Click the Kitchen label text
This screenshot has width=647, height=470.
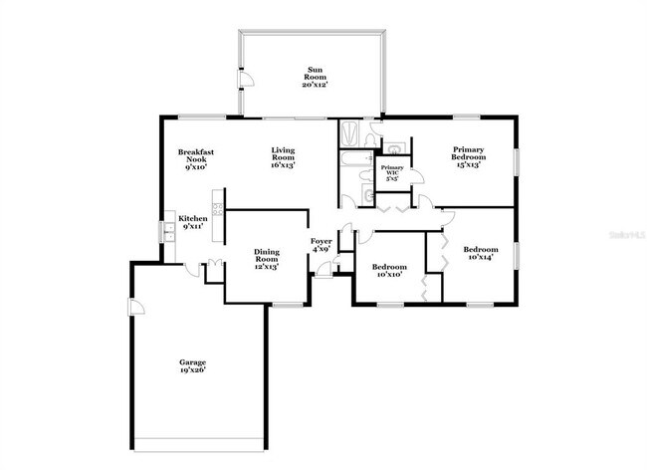pyautogui.click(x=193, y=218)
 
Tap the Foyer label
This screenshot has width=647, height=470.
pyautogui.click(x=321, y=242)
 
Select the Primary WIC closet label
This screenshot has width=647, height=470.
pyautogui.click(x=391, y=172)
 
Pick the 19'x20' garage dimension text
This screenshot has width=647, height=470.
pyautogui.click(x=192, y=369)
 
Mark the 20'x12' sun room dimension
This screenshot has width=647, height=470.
pyautogui.click(x=315, y=85)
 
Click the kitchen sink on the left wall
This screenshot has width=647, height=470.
pyautogui.click(x=168, y=230)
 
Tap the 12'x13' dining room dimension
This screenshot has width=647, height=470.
pyautogui.click(x=265, y=266)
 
